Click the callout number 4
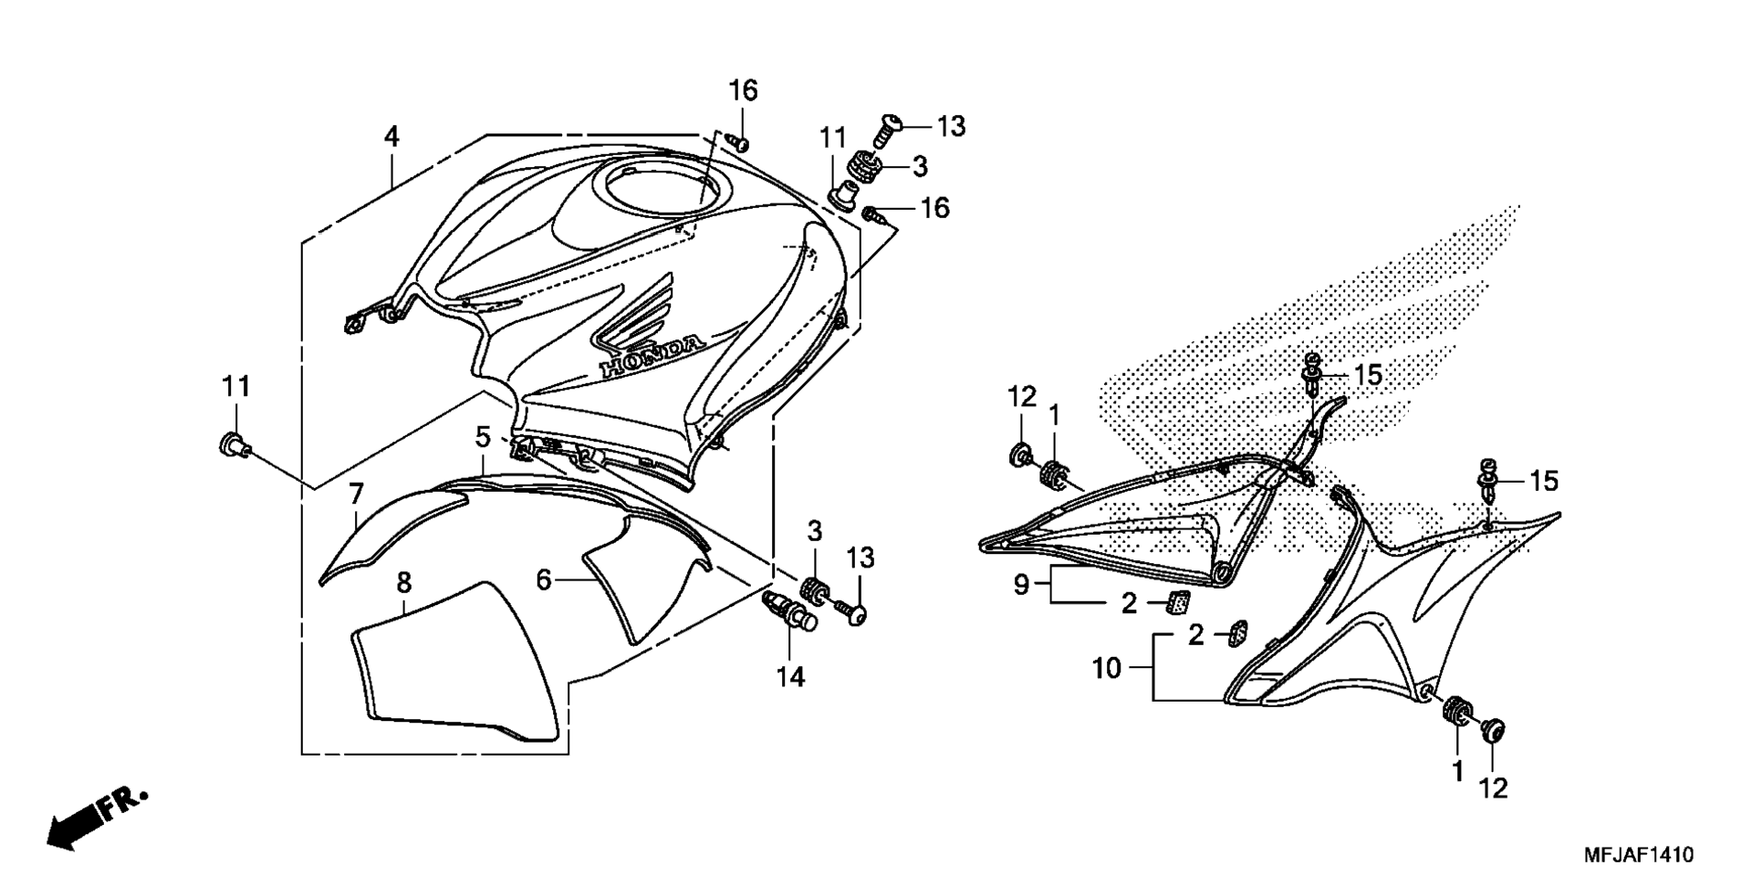coord(391,137)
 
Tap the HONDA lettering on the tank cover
coord(652,356)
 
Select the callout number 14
coord(791,677)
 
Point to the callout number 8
coord(404,582)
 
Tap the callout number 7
coord(356,495)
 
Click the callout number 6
coord(544,579)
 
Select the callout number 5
coord(483,437)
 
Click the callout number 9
coord(1021,584)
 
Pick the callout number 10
coord(1107,668)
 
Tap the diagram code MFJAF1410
coord(1638,855)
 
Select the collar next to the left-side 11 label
coord(235,446)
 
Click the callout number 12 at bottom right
coord(1494,788)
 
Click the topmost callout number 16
coord(743,90)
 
